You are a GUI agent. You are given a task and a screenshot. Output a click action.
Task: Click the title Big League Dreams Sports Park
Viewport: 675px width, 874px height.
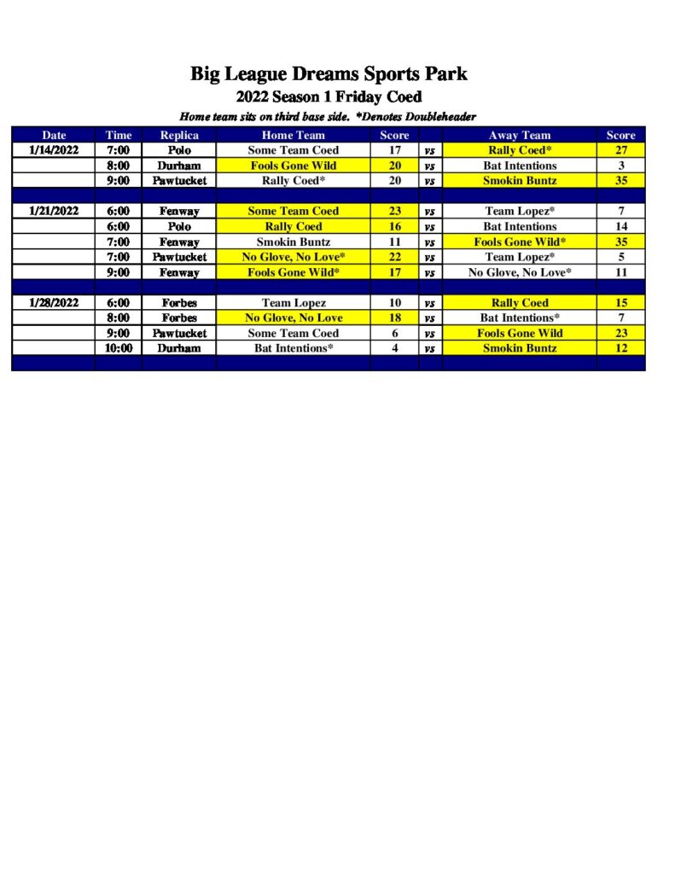point(329,74)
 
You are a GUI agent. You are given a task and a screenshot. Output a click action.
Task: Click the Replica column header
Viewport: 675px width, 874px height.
point(179,135)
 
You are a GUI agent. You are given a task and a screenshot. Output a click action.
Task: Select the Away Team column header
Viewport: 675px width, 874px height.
point(519,135)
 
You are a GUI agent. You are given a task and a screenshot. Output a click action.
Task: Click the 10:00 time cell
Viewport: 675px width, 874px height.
point(119,348)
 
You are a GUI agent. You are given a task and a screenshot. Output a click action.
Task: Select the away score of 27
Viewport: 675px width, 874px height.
point(620,150)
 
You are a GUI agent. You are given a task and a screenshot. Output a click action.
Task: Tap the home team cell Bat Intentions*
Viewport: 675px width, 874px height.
point(293,348)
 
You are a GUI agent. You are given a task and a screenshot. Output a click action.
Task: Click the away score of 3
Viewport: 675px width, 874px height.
point(620,166)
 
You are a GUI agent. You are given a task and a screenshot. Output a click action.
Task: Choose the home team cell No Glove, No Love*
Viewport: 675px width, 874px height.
point(293,257)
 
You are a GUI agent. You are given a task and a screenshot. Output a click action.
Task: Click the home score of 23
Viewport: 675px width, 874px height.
point(394,211)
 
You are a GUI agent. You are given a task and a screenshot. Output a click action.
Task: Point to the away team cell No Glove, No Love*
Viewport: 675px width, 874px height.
point(519,272)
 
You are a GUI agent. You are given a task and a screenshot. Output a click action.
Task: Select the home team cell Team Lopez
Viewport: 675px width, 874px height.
point(293,303)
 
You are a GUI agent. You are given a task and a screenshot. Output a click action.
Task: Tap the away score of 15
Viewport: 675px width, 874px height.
point(620,303)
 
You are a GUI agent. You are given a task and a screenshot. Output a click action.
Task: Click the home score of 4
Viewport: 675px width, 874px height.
point(394,348)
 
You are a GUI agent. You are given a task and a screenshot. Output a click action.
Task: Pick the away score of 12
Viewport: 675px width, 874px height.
point(620,348)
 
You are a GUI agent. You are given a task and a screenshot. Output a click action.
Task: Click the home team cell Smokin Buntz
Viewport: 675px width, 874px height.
point(293,242)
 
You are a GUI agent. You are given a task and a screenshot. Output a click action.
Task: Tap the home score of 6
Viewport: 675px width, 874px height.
point(394,333)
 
